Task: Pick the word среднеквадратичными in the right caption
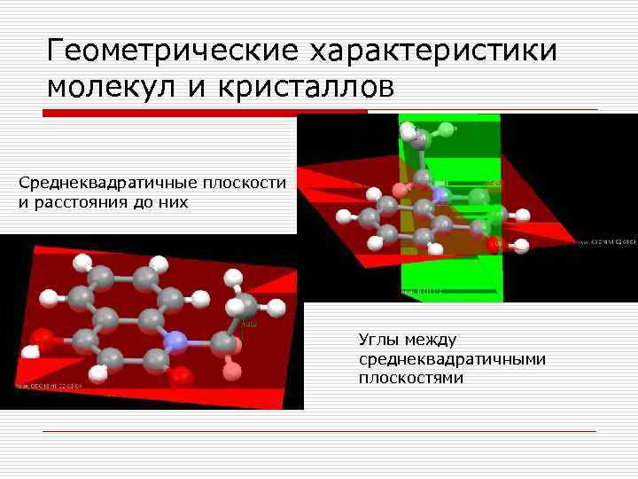[x=452, y=358]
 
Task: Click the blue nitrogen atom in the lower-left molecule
[x=176, y=341]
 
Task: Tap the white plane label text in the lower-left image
[x=50, y=387]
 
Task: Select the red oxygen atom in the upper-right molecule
[x=494, y=244]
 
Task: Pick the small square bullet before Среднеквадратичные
[x=8, y=184]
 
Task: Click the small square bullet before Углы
[x=349, y=340]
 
